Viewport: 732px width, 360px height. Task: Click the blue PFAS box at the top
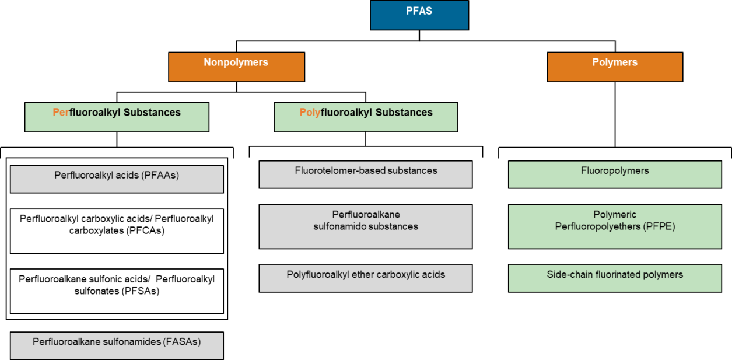(x=419, y=15)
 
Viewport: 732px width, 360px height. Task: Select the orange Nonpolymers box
(x=236, y=67)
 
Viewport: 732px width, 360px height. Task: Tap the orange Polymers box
(x=614, y=67)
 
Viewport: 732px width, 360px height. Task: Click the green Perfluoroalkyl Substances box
(x=117, y=117)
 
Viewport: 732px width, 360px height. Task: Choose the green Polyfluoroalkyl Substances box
(x=366, y=117)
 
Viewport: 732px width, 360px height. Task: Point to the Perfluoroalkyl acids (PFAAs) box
(x=117, y=179)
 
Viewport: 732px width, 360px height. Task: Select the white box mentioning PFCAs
(x=117, y=231)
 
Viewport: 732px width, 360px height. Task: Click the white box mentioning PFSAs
(x=117, y=291)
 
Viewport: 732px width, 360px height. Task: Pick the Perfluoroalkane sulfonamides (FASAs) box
(x=117, y=345)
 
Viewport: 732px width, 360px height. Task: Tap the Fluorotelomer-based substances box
(x=366, y=174)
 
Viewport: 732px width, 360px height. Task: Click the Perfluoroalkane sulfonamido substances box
(x=366, y=226)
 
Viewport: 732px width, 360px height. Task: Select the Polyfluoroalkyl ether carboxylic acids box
(x=366, y=278)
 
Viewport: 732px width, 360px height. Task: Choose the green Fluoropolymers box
(x=615, y=174)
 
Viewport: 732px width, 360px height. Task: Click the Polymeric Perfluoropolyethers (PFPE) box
(x=615, y=226)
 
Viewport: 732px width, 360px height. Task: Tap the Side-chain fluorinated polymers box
(x=615, y=278)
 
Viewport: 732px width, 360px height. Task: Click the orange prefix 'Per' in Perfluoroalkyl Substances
(x=61, y=113)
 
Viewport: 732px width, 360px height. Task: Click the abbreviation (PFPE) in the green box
(x=659, y=226)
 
